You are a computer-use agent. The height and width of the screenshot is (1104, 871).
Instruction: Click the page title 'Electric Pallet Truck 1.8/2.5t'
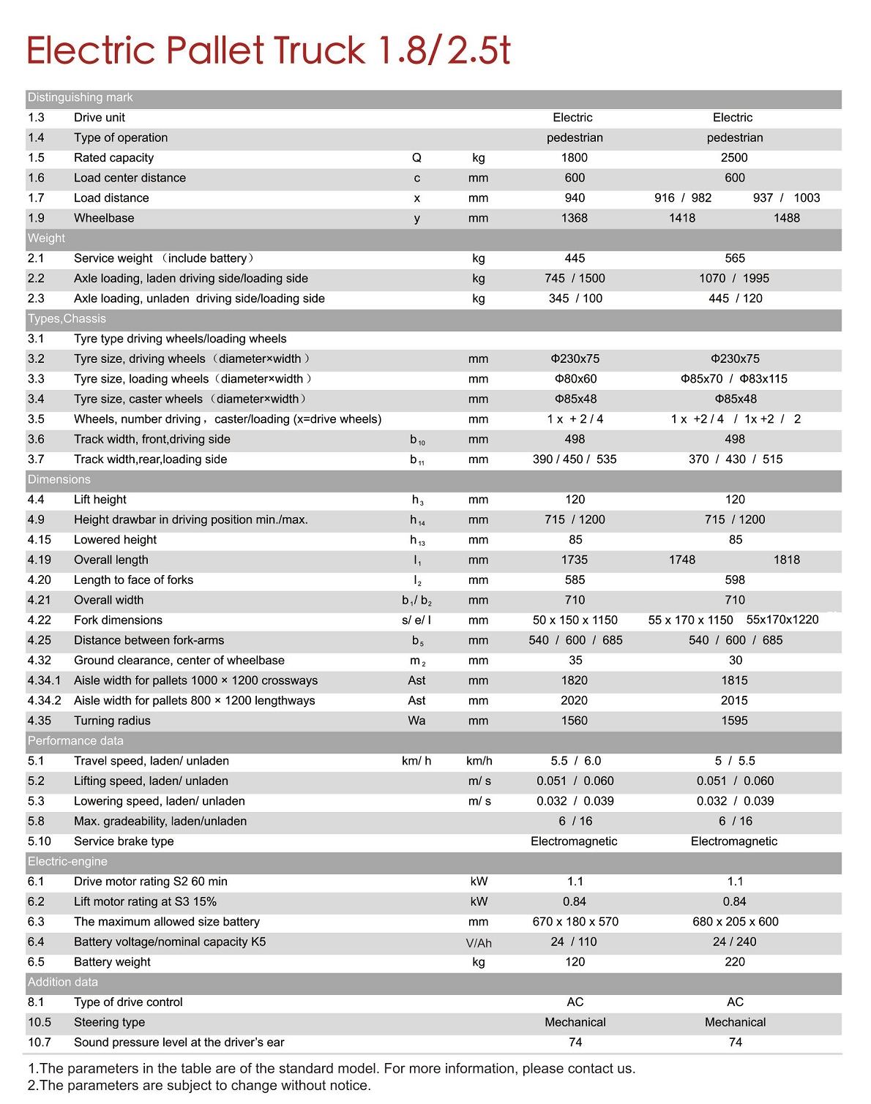(x=268, y=50)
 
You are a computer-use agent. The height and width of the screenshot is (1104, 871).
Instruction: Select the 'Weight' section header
(x=46, y=239)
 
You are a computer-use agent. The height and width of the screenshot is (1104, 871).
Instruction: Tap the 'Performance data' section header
(x=75, y=741)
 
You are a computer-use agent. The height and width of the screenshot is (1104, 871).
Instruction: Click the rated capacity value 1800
(x=575, y=158)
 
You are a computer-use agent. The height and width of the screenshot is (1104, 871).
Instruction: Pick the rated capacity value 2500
(x=734, y=158)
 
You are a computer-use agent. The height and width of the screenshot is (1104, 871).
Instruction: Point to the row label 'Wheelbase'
(x=104, y=218)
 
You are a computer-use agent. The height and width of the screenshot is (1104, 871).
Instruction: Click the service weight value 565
(x=735, y=258)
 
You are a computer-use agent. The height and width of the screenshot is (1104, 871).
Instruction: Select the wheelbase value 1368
(x=575, y=218)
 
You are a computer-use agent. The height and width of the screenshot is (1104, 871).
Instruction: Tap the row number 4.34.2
(x=45, y=701)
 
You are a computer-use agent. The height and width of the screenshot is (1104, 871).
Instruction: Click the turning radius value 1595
(x=734, y=721)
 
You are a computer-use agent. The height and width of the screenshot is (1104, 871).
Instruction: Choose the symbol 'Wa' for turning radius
(x=416, y=721)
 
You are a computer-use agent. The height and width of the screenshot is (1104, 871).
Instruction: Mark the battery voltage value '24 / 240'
(x=735, y=942)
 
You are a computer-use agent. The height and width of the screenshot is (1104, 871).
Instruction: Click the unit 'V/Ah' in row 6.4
(x=479, y=943)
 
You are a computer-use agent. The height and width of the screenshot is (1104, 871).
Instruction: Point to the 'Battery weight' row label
(x=112, y=962)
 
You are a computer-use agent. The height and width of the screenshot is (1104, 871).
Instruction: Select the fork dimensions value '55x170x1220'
(x=782, y=620)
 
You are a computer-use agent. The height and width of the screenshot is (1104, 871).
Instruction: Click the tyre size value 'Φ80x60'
(x=575, y=379)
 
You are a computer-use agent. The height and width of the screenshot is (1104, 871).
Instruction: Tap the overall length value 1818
(x=787, y=560)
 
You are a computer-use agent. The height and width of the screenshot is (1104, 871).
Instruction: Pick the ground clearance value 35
(x=575, y=661)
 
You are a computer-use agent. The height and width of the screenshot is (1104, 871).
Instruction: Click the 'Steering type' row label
(x=109, y=1023)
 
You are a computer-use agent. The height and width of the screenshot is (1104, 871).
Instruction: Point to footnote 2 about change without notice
(x=199, y=1086)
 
